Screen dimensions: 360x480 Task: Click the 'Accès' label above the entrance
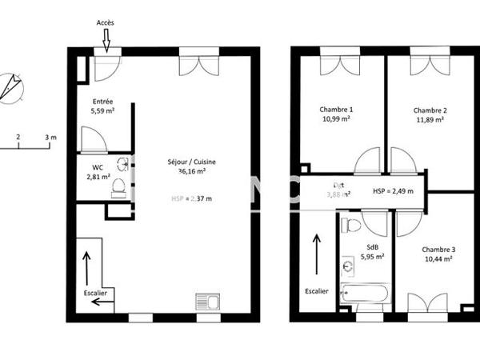[x=106, y=22]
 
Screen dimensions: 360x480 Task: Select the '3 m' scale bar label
[x=51, y=137]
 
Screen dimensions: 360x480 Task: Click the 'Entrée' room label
[x=102, y=102]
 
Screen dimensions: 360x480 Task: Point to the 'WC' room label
[x=97, y=166]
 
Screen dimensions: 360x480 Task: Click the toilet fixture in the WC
[x=118, y=187]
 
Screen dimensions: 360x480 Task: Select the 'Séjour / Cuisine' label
[x=191, y=161]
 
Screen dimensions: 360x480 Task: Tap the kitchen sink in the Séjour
[x=206, y=302]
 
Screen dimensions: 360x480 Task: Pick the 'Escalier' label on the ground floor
[x=96, y=293]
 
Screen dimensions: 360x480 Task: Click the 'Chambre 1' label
[x=336, y=110]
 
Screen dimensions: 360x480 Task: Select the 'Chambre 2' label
[x=430, y=110]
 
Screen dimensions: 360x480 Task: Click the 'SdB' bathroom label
[x=372, y=247]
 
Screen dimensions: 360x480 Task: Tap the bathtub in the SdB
[x=365, y=292]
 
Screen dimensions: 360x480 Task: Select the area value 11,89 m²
[x=430, y=120]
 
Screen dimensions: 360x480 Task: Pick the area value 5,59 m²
[x=102, y=111]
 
